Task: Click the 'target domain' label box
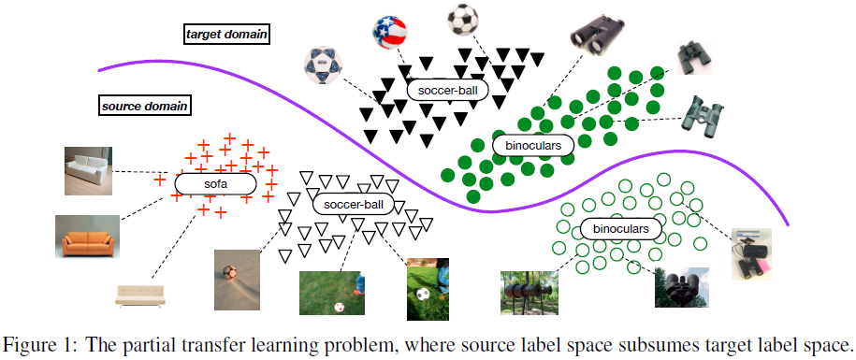click(x=227, y=35)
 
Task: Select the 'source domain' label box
click(x=145, y=105)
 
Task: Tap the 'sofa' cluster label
click(x=215, y=184)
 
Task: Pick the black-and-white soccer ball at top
click(x=461, y=18)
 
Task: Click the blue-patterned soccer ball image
click(x=320, y=65)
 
